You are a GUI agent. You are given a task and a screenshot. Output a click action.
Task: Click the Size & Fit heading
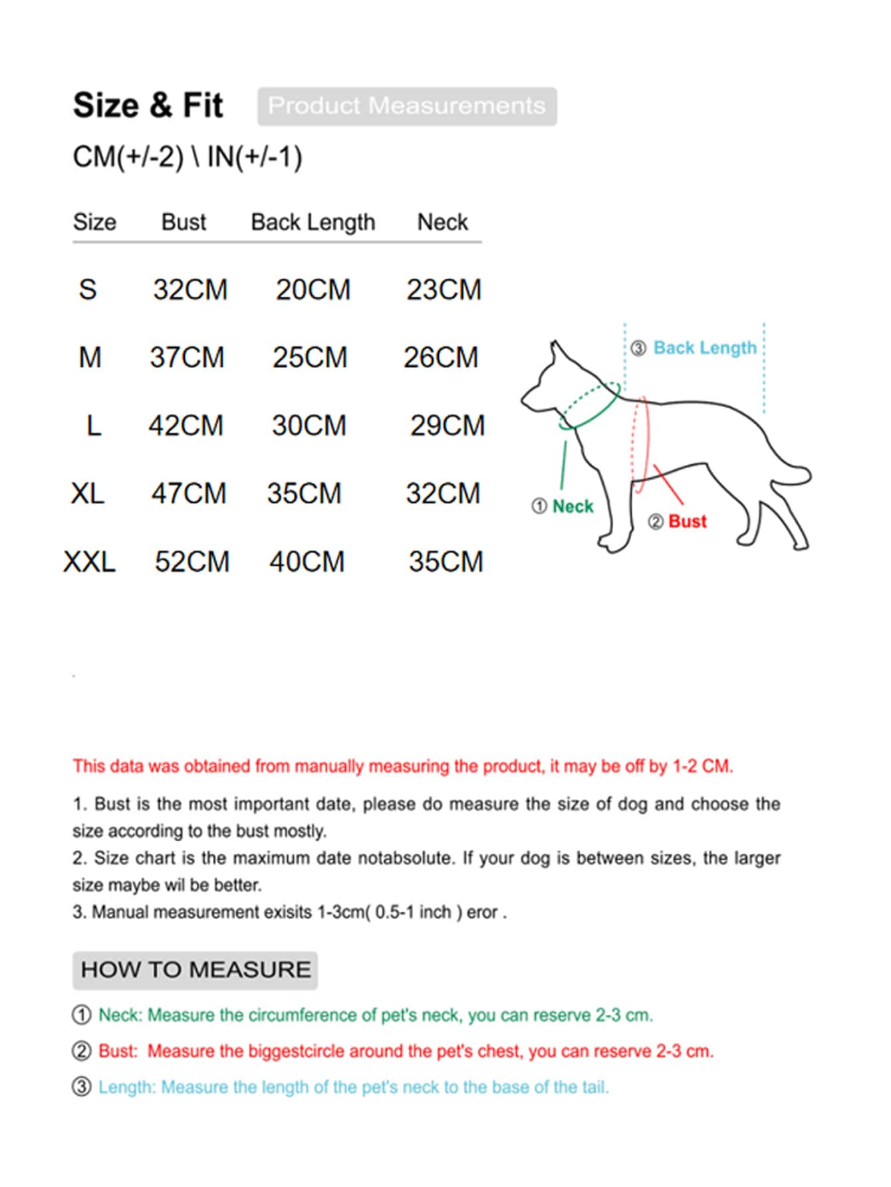tap(148, 105)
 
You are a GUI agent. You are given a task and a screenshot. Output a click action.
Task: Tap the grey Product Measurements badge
tap(407, 106)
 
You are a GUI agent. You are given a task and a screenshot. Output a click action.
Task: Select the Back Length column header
tap(313, 222)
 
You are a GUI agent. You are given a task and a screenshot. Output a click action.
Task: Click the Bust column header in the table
tap(184, 221)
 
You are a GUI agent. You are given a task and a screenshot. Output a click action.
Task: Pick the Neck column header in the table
tap(442, 221)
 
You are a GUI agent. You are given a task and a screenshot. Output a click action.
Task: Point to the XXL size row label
tap(89, 562)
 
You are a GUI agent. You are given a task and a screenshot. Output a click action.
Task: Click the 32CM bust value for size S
tap(190, 290)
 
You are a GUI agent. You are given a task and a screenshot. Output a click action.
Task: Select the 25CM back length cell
tap(310, 358)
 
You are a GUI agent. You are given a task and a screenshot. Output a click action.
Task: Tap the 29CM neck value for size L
tap(447, 426)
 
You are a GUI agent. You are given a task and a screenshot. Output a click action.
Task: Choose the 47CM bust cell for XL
tap(189, 493)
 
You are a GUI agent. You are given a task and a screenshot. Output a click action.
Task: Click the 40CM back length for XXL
tap(307, 562)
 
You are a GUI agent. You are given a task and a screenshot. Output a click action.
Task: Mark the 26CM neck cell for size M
tap(441, 358)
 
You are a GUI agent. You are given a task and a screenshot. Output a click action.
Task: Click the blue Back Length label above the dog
tap(705, 348)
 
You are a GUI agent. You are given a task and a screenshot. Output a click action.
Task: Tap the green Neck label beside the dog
tap(573, 507)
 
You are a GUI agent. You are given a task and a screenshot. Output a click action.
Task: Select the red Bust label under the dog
tap(688, 521)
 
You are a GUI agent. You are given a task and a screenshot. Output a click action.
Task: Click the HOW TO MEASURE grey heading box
tap(195, 970)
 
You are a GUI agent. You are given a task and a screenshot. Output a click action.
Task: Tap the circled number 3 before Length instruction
tap(81, 1087)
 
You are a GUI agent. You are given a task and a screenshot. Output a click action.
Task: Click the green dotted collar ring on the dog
tap(589, 405)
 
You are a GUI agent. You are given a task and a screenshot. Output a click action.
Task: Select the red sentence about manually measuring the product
tap(403, 766)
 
